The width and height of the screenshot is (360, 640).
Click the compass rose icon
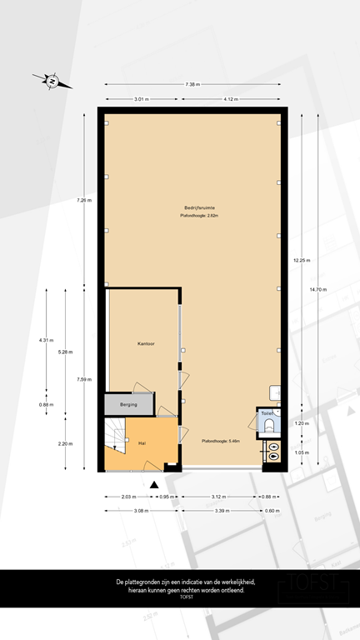52,81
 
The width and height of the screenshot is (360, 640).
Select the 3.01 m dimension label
142,99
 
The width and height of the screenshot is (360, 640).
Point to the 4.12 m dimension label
231,99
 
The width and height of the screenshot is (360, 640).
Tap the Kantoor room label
147,343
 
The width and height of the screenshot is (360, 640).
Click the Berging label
129,404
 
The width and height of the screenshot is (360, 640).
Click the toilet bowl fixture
267,427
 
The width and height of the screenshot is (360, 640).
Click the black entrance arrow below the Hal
154,484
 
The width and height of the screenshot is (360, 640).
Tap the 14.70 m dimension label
318,289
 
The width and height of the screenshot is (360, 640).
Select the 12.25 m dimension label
301,261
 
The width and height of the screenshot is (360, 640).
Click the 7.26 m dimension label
84,200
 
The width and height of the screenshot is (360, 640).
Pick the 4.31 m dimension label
46,340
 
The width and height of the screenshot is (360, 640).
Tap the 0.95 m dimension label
166,497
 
